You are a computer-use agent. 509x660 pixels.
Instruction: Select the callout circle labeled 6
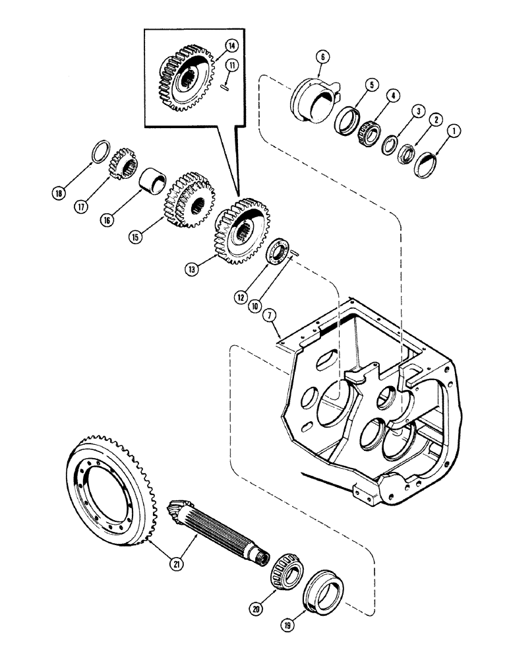click(321, 57)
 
